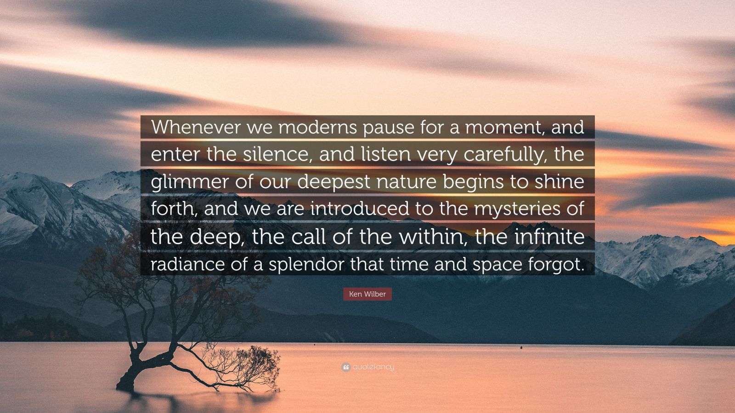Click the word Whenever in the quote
pyautogui.click(x=196, y=127)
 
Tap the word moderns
pyautogui.click(x=317, y=127)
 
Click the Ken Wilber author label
pyautogui.click(x=367, y=294)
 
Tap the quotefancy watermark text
pyautogui.click(x=373, y=368)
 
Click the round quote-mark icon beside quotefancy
pyautogui.click(x=346, y=368)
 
